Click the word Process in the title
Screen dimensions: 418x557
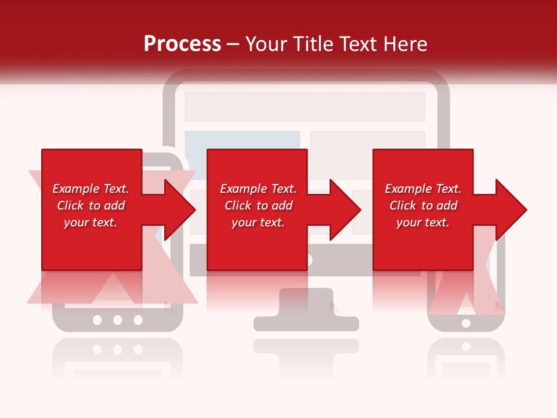[x=182, y=44]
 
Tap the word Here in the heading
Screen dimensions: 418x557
[x=404, y=44]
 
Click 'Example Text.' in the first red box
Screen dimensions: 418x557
[x=91, y=189]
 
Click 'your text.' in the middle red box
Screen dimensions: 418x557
[x=258, y=222]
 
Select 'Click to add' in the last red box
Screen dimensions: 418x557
[x=423, y=206]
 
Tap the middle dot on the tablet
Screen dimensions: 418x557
[x=118, y=320]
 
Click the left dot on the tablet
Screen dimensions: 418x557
[x=97, y=320]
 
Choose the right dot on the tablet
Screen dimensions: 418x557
[x=138, y=320]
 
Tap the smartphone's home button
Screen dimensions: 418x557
[x=466, y=323]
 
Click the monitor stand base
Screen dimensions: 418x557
[x=306, y=323]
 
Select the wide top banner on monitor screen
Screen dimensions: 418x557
[x=305, y=107]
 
